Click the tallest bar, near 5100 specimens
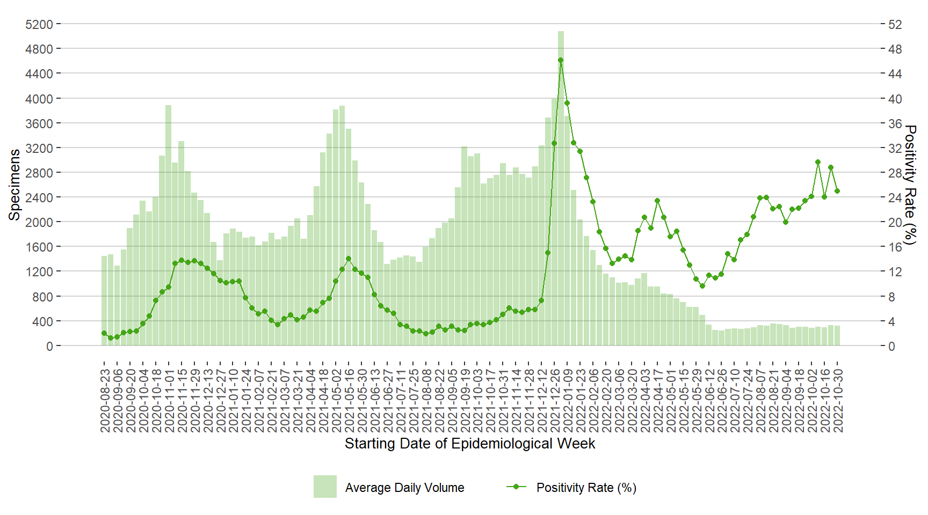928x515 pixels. pyautogui.click(x=561, y=188)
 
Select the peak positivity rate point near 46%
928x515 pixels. pyautogui.click(x=561, y=60)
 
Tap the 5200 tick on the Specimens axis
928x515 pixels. pyautogui.click(x=39, y=25)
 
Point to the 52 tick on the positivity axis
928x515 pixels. pyautogui.click(x=895, y=25)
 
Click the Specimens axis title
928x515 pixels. pyautogui.click(x=15, y=185)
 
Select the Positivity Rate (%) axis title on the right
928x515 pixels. pyautogui.click(x=910, y=185)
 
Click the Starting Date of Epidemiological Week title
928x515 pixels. pyautogui.click(x=470, y=444)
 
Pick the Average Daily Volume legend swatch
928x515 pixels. pyautogui.click(x=325, y=487)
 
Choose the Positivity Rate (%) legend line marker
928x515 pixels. pyautogui.click(x=516, y=487)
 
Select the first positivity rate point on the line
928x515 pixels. pyautogui.click(x=104, y=333)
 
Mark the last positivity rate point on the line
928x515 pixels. pyautogui.click(x=837, y=191)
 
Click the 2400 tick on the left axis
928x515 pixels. pyautogui.click(x=39, y=197)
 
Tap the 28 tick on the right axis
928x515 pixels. pyautogui.click(x=895, y=173)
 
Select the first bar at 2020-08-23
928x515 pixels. pyautogui.click(x=104, y=300)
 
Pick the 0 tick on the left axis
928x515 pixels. pyautogui.click(x=49, y=346)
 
